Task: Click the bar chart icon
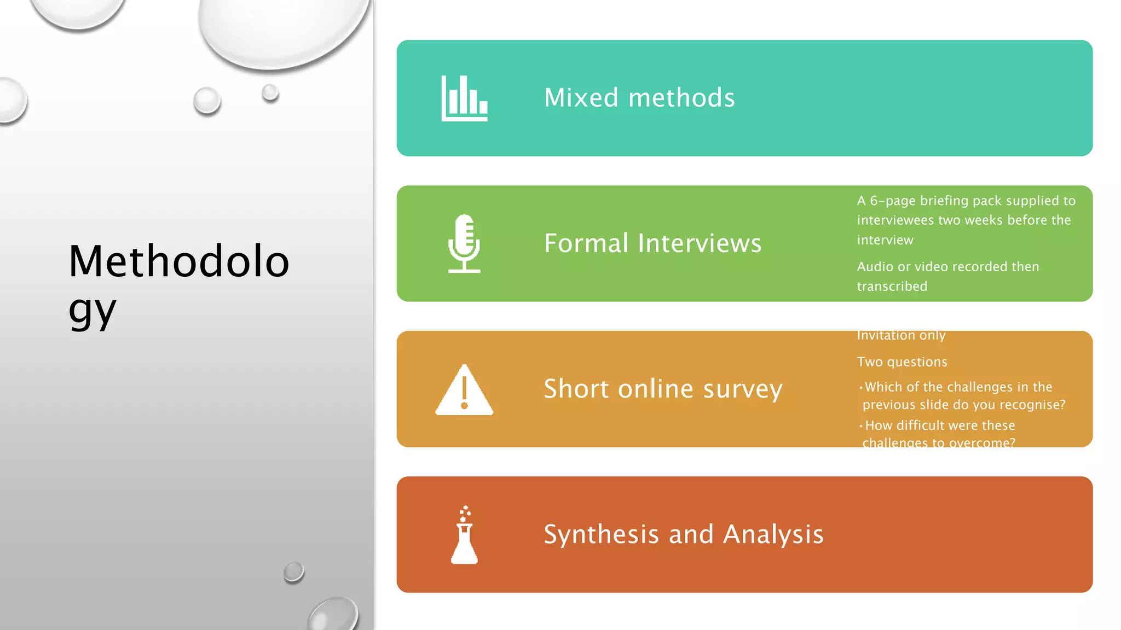(x=464, y=98)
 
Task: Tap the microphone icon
(x=464, y=243)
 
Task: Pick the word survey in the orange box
(x=743, y=389)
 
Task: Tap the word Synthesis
(x=601, y=534)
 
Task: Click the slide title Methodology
(x=178, y=284)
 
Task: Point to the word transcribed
(x=892, y=286)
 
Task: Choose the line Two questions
(x=902, y=362)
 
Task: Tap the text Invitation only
(x=901, y=336)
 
